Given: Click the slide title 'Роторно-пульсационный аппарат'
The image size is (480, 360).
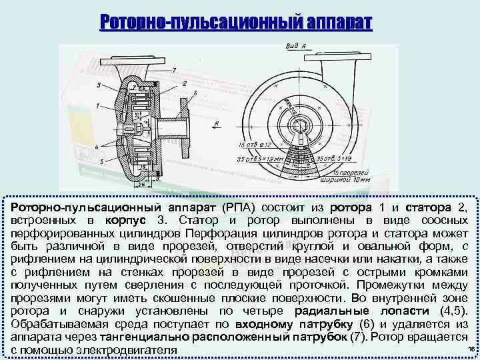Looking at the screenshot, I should (x=235, y=22).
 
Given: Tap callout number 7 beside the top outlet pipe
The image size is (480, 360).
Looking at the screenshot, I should (x=174, y=69).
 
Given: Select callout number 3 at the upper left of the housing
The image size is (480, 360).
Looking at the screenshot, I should (x=98, y=85).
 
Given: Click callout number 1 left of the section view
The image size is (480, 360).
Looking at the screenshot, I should (x=97, y=106).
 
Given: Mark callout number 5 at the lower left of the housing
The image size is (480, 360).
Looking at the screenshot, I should (x=101, y=162).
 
